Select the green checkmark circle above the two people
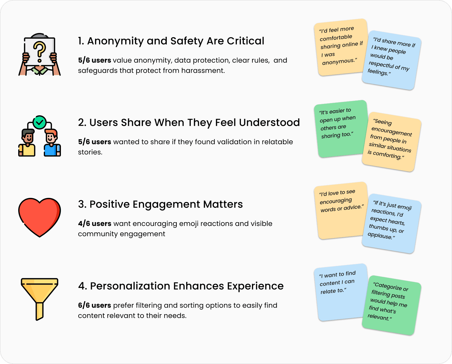coord(40,122)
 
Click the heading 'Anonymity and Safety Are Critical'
coord(171,41)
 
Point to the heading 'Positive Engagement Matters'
coord(160,204)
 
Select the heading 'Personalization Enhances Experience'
coord(181,286)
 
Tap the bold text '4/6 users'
coord(94,224)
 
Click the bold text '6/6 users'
coord(94,305)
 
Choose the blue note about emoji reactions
coord(391,224)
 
